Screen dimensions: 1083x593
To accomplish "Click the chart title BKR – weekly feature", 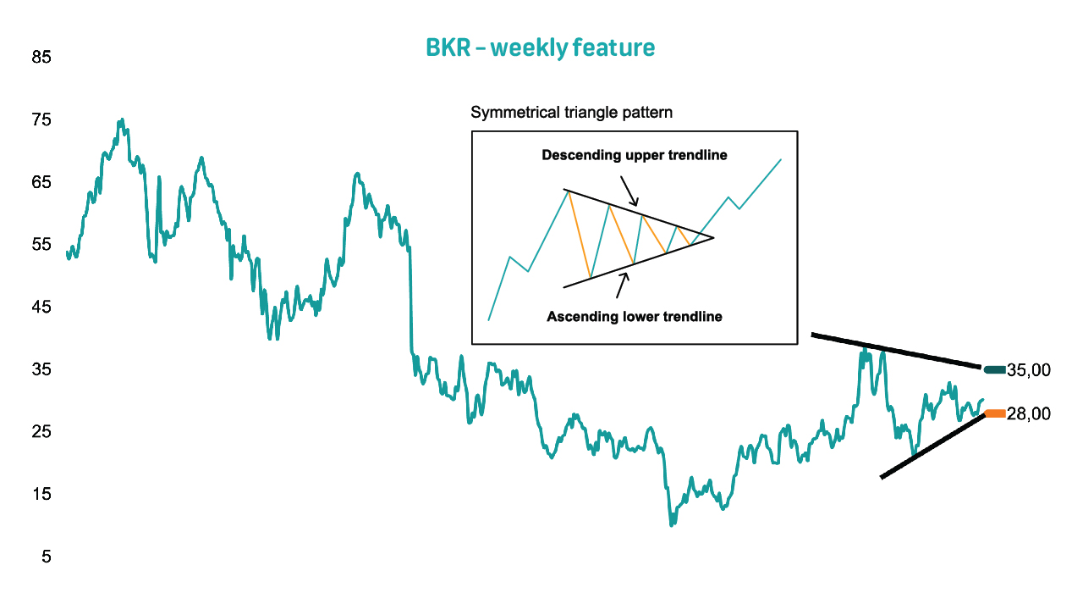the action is (x=540, y=48).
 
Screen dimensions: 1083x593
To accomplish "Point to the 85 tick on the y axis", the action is (x=41, y=57).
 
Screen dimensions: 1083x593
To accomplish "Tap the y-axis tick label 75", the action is (x=41, y=119).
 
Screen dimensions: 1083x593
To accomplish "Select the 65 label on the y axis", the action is (x=41, y=182).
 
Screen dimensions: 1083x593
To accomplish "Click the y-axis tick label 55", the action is (x=41, y=245).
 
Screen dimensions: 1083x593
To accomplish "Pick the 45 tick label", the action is (x=41, y=307).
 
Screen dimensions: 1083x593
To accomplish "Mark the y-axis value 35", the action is (x=41, y=369).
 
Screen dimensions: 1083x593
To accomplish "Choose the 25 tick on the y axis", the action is (x=41, y=432).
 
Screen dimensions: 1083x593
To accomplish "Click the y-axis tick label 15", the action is (x=41, y=494).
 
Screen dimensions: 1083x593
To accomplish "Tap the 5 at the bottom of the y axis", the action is (x=46, y=557).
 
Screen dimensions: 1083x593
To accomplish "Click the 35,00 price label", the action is (x=1028, y=370).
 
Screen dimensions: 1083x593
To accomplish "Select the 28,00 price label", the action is (x=1028, y=414).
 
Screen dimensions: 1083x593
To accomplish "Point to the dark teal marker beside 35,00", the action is (x=994, y=370).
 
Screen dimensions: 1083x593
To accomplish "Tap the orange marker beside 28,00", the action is (x=995, y=413).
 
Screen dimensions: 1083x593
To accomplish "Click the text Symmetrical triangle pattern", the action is (x=571, y=113).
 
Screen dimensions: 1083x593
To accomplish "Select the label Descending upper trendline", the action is (x=635, y=155).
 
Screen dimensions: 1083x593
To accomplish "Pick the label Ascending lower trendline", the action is (x=635, y=317).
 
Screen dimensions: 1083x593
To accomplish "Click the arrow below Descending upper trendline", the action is (x=629, y=191).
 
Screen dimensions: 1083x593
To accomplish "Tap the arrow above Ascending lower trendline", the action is (x=623, y=285).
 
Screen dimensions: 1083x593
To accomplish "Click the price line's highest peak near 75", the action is (x=122, y=119).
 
